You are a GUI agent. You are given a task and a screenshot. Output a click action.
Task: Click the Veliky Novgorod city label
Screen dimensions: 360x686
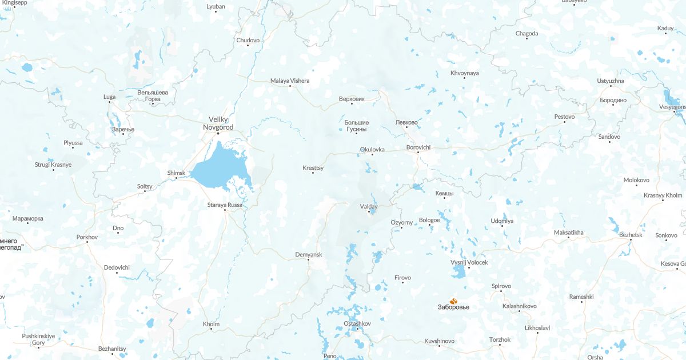(217, 123)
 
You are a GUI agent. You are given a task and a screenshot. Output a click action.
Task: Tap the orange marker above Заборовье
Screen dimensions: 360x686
(454, 301)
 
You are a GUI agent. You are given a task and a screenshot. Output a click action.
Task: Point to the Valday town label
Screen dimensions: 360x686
(369, 206)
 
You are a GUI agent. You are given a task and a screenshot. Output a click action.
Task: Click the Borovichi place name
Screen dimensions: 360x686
(418, 147)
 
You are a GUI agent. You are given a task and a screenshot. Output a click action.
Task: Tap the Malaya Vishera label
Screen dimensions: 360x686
(290, 81)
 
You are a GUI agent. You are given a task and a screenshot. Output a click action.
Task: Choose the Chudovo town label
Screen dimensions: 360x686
(248, 40)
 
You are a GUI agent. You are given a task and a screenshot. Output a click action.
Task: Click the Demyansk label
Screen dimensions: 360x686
(309, 254)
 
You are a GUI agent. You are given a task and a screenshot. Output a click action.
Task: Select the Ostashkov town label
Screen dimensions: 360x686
(357, 323)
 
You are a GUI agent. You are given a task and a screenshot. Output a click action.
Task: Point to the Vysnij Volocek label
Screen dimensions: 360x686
(469, 262)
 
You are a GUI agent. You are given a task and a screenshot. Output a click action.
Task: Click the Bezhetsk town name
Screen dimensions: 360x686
(631, 234)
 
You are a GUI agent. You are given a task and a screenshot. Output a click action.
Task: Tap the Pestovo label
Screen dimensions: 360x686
(564, 117)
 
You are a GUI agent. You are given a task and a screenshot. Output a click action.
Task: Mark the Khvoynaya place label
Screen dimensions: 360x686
(464, 73)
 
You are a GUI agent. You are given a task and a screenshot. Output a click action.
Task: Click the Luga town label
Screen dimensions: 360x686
(109, 97)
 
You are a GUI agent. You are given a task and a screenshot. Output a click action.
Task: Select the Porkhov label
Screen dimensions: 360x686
(87, 237)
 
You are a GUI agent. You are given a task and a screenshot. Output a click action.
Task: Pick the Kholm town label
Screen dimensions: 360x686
(211, 324)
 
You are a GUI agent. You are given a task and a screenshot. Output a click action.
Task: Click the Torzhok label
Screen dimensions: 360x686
(500, 339)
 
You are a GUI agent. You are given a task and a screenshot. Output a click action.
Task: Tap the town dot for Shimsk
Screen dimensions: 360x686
(176, 178)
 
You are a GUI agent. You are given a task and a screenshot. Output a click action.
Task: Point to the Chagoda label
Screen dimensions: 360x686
(527, 33)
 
